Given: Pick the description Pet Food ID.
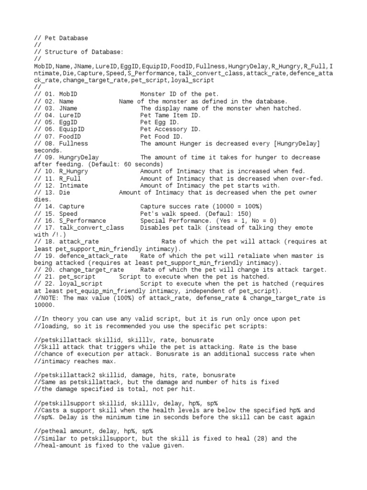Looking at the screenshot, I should point(161,136).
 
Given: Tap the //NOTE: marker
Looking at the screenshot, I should point(47,298).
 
